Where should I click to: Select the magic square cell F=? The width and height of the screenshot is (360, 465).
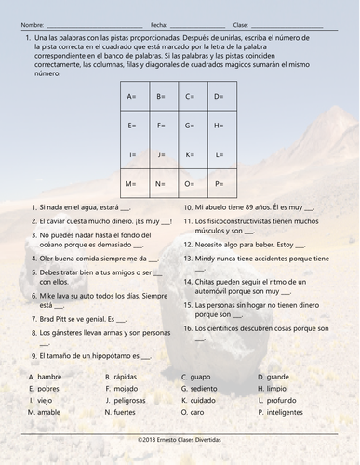click(x=160, y=125)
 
